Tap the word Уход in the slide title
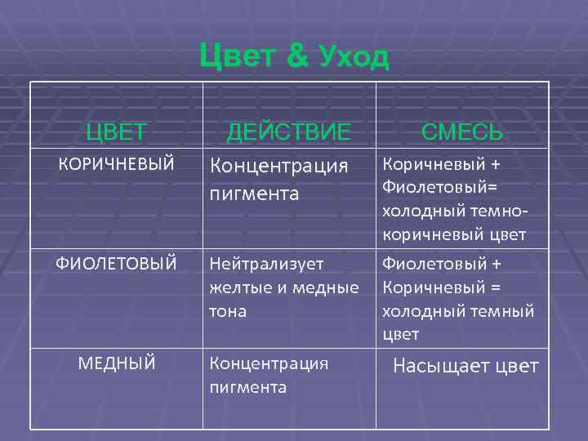tap(354, 58)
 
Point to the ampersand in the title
tap(297, 57)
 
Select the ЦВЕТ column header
tap(117, 131)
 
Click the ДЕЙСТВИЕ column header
tap(288, 131)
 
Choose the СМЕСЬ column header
tap(461, 132)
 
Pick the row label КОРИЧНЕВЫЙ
tap(117, 164)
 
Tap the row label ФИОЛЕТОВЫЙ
tap(116, 264)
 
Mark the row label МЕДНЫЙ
tap(117, 363)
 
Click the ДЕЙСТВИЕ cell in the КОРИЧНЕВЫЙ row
tap(278, 180)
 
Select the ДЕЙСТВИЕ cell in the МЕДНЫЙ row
tap(269, 375)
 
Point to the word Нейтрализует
tap(266, 264)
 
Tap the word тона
tap(228, 311)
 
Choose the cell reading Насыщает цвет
tap(465, 366)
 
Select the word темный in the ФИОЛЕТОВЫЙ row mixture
tap(499, 311)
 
